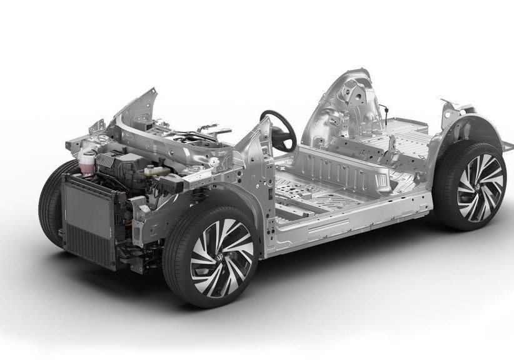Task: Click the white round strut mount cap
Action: (x=214, y=162)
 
